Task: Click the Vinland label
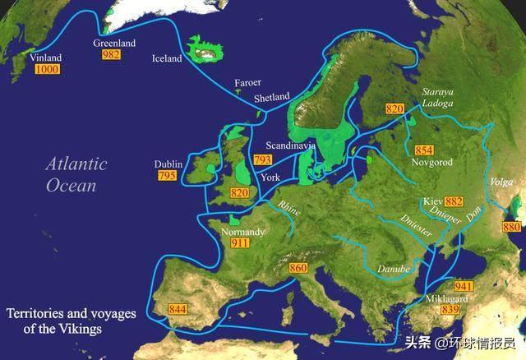pos(45,58)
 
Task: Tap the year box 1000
pos(46,71)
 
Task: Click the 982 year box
pos(111,54)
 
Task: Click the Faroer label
pos(247,83)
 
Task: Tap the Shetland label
pos(272,97)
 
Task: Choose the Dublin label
pos(168,164)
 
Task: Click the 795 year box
pos(166,176)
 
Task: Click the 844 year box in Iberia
pos(177,309)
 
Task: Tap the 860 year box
pos(298,268)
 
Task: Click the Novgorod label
pos(430,163)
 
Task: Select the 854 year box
pos(424,150)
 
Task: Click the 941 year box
pos(464,285)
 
